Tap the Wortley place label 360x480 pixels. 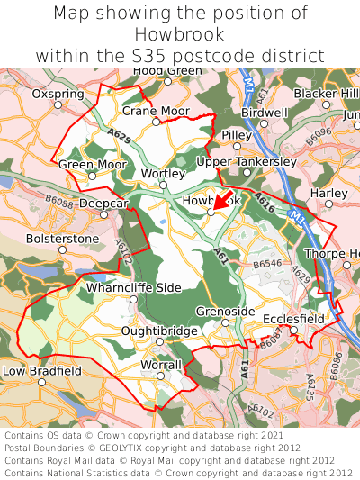click(164, 174)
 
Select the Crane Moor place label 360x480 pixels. click(156, 111)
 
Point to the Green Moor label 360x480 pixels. click(93, 165)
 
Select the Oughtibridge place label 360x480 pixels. click(159, 331)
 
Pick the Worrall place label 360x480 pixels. click(162, 365)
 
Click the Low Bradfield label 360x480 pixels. click(42, 370)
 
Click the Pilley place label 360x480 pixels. click(237, 134)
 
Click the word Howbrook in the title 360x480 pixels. click(180, 34)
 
